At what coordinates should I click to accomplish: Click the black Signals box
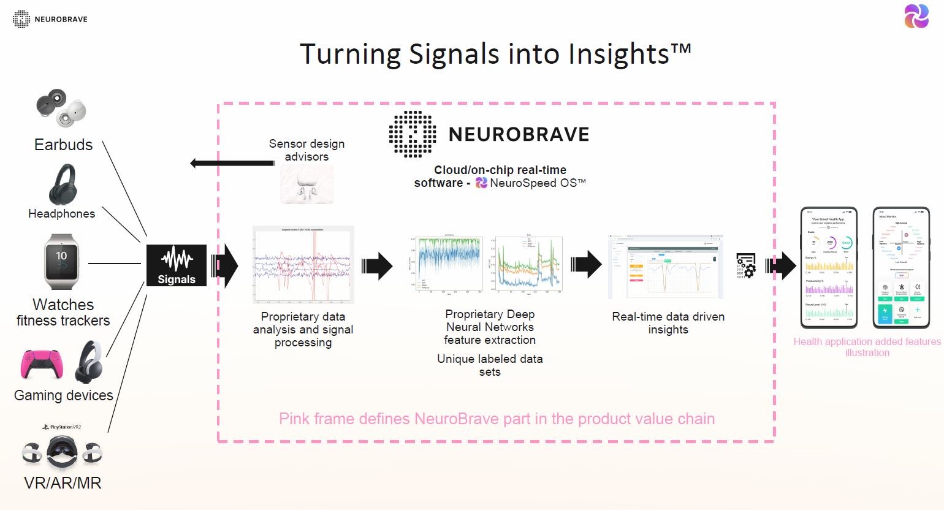(x=177, y=265)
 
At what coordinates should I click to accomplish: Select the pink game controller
(x=41, y=363)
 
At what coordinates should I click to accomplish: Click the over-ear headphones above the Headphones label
(x=62, y=185)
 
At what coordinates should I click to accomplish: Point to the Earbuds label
(x=63, y=145)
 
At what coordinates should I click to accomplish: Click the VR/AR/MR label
(x=63, y=483)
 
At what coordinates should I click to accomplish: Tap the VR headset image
(x=63, y=452)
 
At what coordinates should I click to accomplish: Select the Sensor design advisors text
(x=306, y=150)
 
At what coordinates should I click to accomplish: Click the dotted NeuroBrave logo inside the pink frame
(x=413, y=134)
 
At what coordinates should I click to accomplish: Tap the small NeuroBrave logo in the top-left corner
(x=21, y=19)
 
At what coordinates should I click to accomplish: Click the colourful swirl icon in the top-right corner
(x=916, y=17)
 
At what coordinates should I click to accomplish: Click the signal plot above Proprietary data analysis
(x=303, y=265)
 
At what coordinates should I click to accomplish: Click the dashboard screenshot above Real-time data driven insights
(x=666, y=267)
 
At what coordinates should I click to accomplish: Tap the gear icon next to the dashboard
(x=746, y=266)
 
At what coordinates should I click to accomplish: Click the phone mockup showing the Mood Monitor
(x=901, y=268)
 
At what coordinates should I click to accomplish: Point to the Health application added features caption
(x=867, y=347)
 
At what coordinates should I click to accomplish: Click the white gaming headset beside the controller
(x=89, y=362)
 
